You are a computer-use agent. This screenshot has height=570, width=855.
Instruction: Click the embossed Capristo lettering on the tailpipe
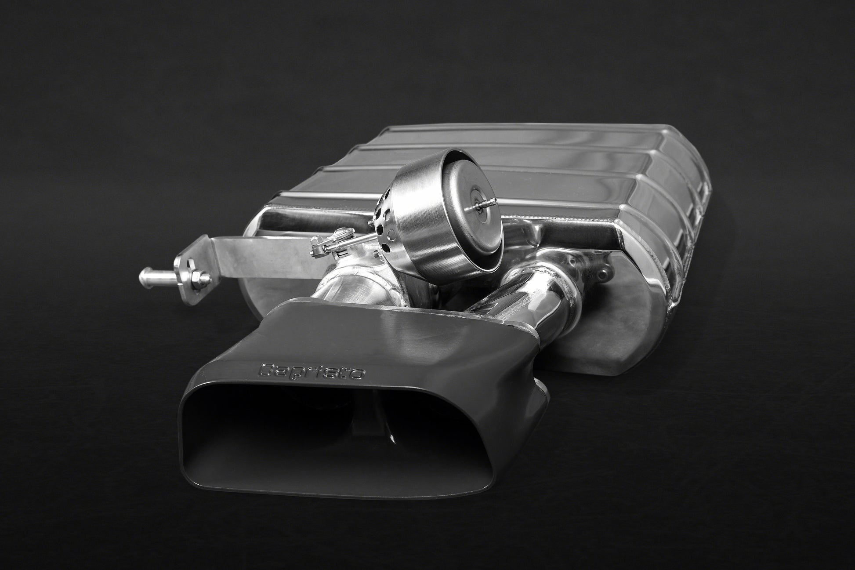point(312,370)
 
